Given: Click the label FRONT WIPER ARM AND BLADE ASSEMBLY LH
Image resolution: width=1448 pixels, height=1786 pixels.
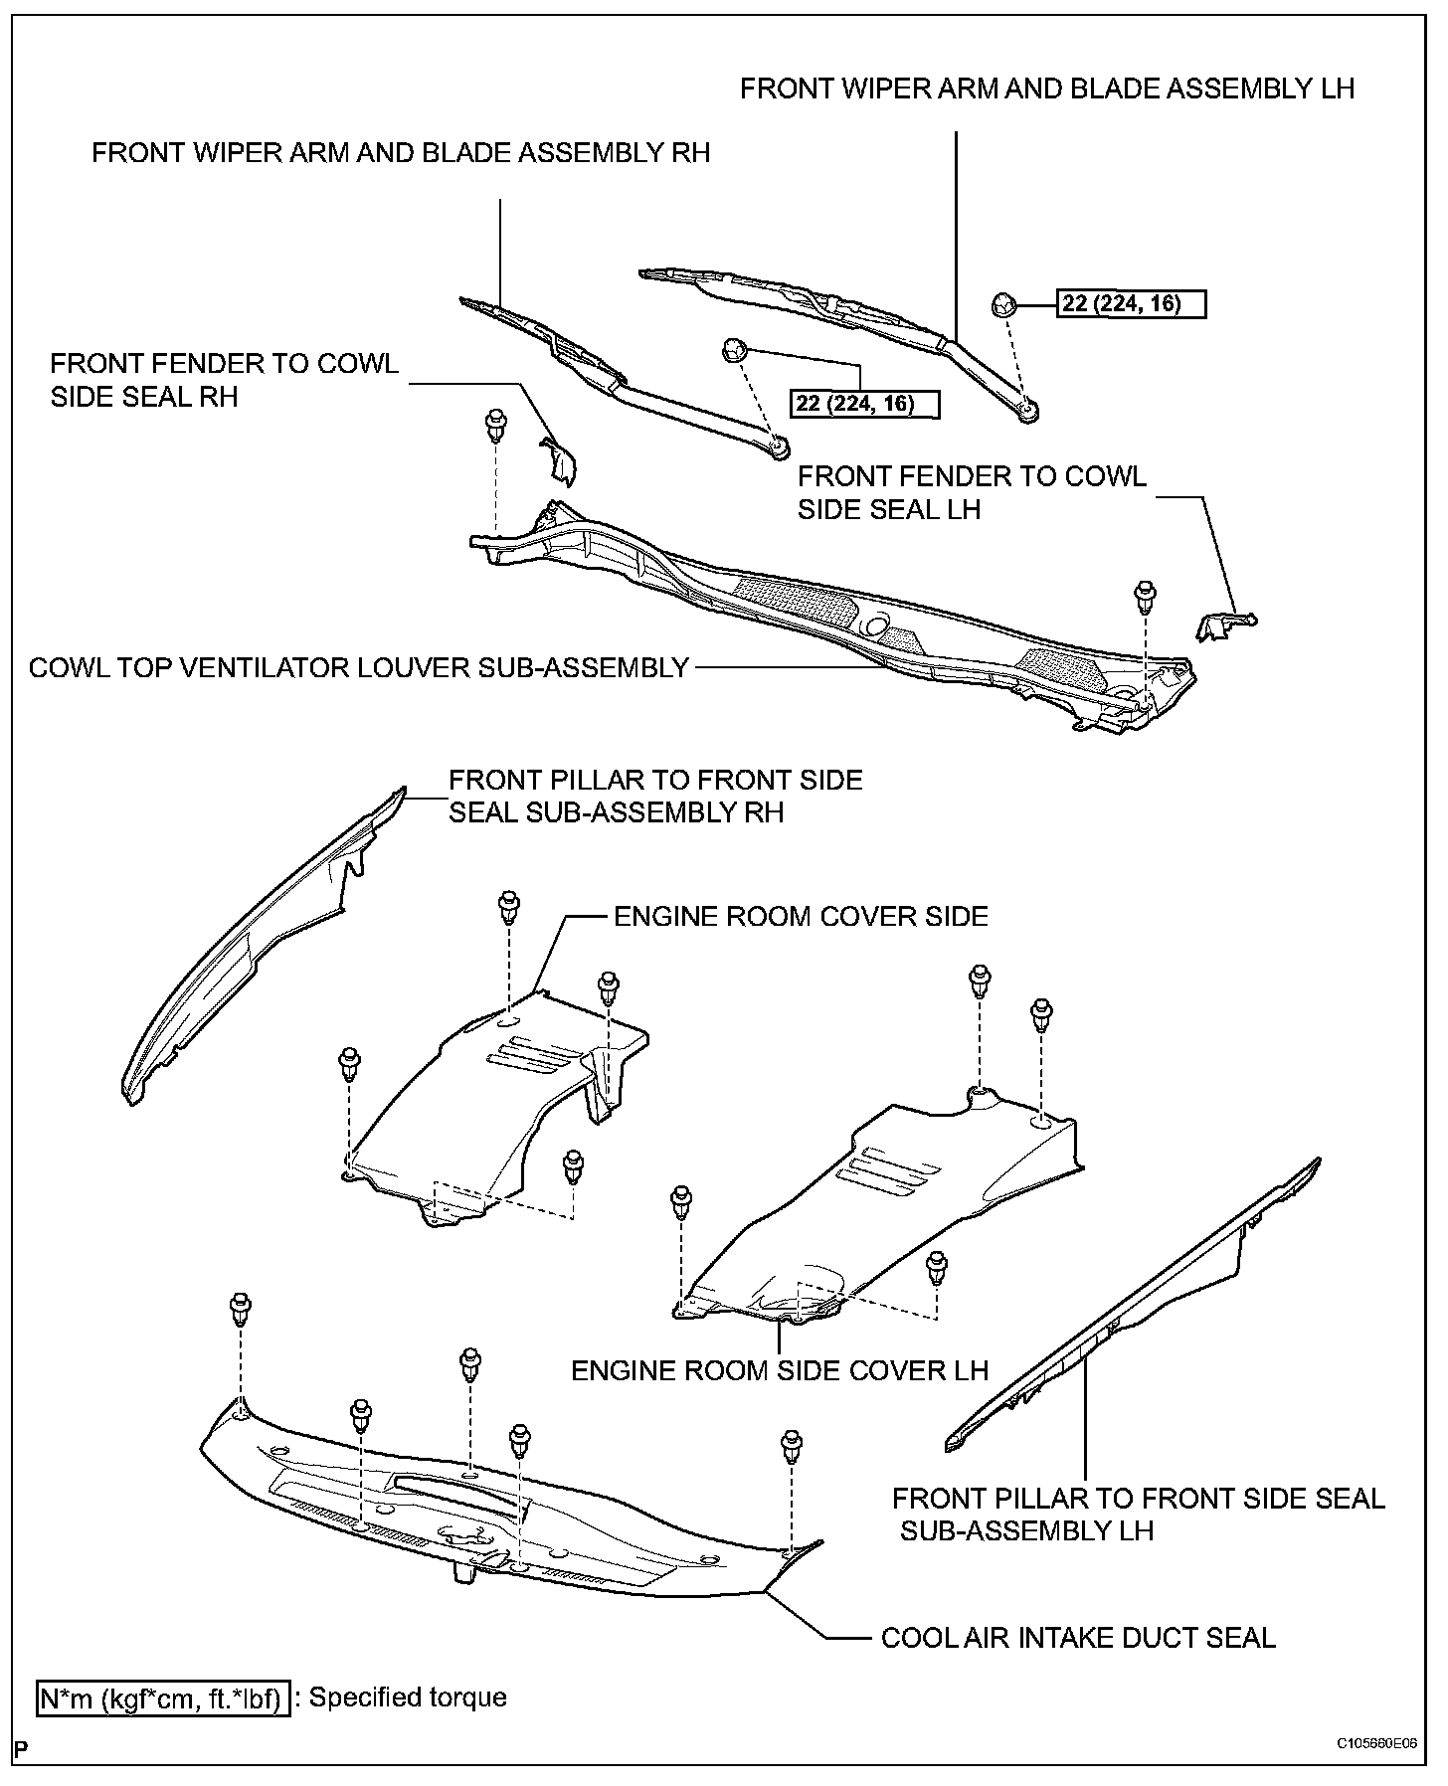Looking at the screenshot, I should pos(1047,89).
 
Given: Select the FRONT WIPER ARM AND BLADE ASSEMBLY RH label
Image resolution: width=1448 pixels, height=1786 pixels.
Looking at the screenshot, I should pos(401,153).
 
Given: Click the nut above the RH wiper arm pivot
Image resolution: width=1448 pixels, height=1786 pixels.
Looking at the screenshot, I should pos(734,350).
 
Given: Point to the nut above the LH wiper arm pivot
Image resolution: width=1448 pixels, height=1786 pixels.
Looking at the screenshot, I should pos(1001,304).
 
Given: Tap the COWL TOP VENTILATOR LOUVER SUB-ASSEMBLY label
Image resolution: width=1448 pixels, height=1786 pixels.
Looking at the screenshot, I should pos(359,667).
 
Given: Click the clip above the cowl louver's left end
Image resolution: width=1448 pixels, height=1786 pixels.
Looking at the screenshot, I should pos(492,426).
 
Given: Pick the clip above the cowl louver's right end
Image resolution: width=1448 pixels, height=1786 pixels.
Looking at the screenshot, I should pos(1146,597).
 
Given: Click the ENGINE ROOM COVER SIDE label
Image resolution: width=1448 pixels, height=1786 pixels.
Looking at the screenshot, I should pos(801,916).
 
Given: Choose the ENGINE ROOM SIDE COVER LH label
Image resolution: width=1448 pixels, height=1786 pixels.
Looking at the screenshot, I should pos(780,1370).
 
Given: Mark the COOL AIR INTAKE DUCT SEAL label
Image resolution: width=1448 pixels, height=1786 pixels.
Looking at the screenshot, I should pos(1078,1637).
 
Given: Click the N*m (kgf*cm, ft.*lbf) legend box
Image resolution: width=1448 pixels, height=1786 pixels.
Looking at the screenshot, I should pos(163,1697).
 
